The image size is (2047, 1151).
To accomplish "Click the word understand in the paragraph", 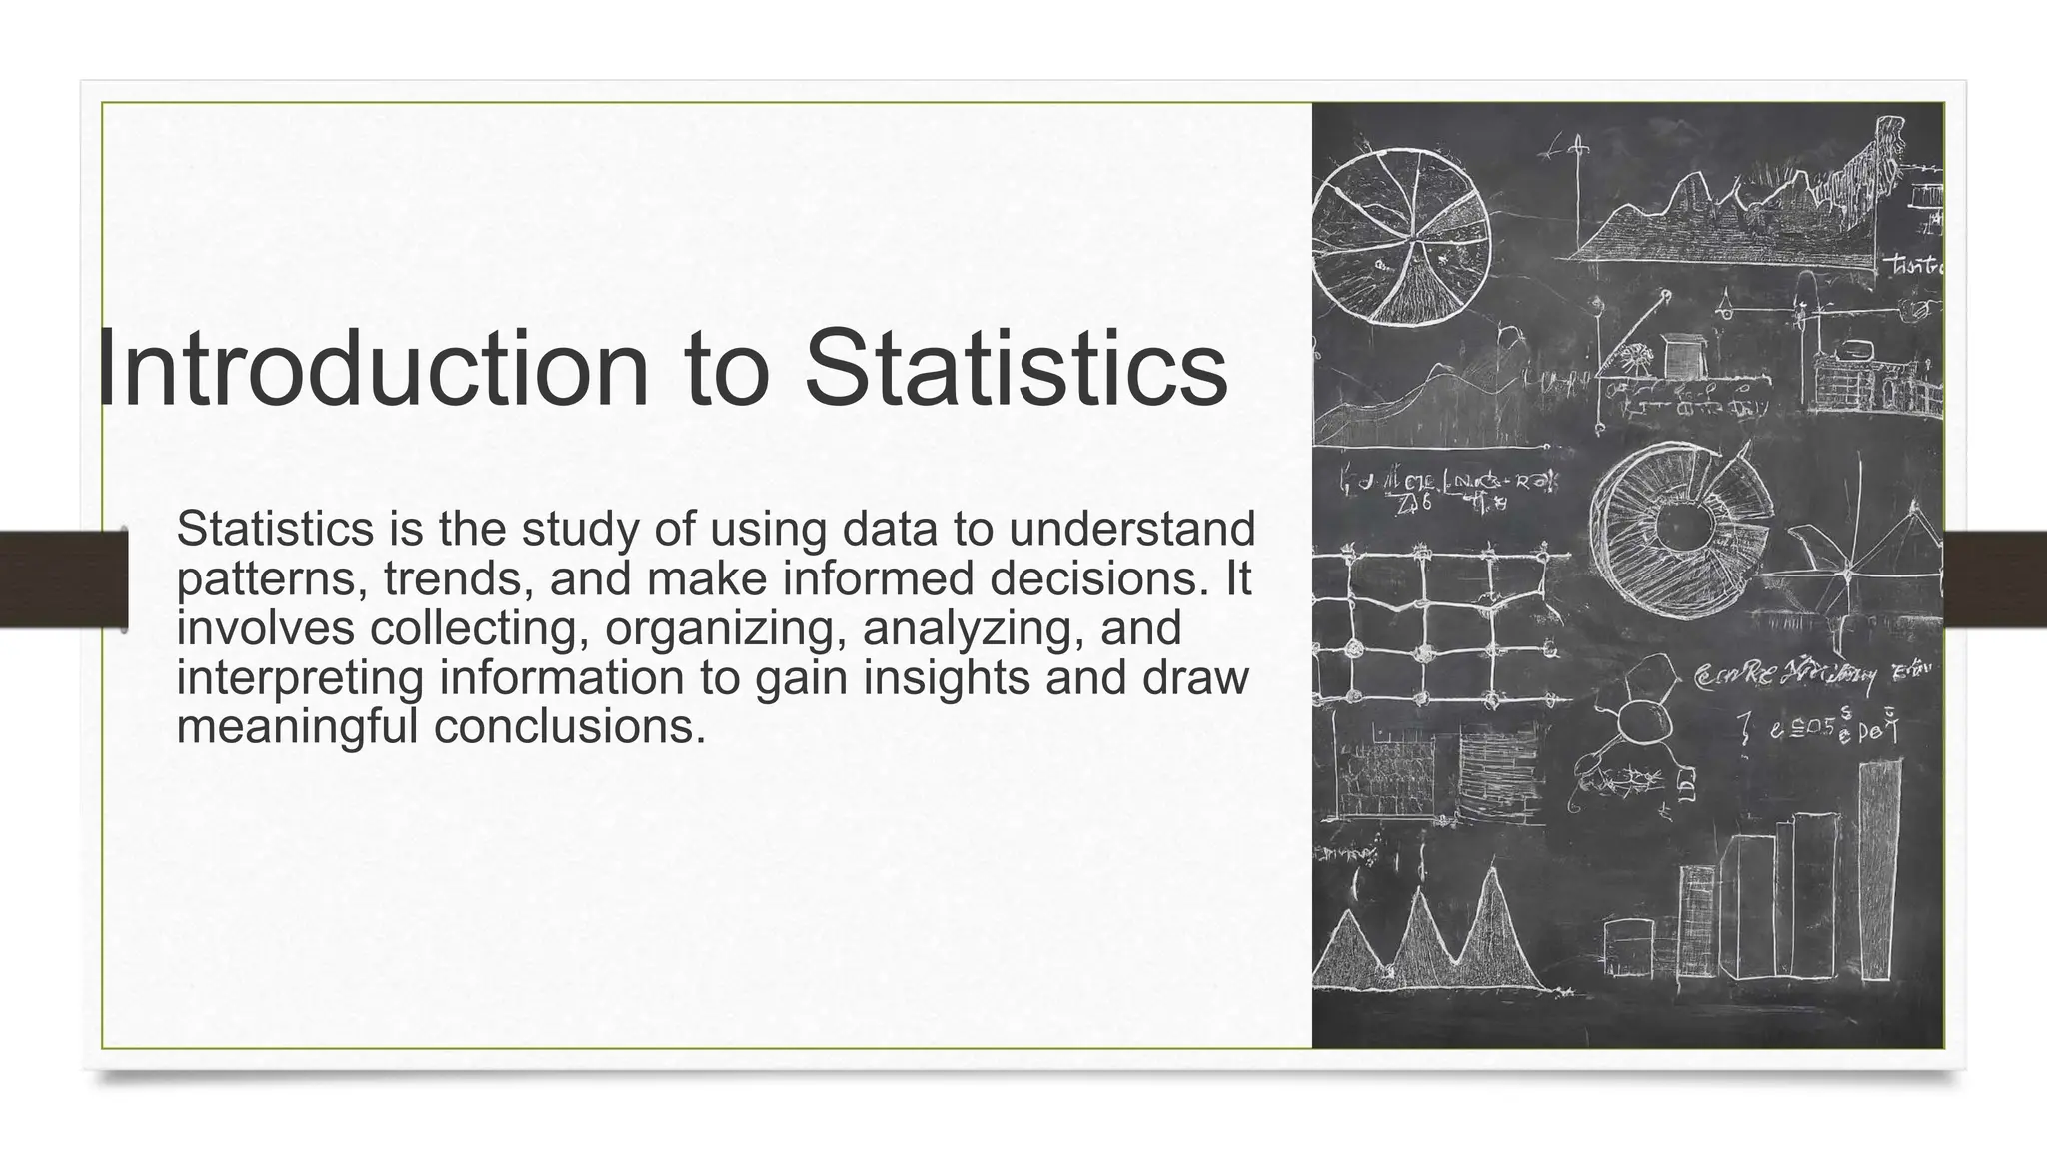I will coord(1131,530).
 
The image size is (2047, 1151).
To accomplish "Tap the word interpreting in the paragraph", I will coord(301,678).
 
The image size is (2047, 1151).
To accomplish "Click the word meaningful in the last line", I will coord(297,726).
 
